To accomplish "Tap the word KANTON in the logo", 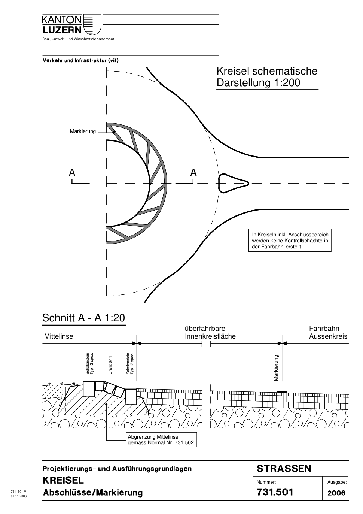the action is [62, 20].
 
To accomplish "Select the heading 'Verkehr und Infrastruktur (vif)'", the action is [80, 61].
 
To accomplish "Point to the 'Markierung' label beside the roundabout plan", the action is [83, 131].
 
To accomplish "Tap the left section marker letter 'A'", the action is [72, 173].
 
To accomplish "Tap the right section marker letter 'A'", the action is [193, 173].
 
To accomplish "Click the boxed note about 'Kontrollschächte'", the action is [290, 241].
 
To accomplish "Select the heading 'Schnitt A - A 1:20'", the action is [84, 318].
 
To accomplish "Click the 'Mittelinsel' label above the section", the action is [60, 336].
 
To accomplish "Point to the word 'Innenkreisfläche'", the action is [210, 336].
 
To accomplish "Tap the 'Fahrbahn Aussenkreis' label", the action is [328, 333].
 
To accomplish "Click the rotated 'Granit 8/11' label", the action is [110, 365].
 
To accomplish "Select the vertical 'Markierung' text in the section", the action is [276, 368].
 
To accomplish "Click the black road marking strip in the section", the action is [282, 391].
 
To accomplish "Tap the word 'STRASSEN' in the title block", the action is [284, 469].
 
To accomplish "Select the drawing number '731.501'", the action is [275, 492].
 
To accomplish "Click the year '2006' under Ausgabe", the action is [336, 493].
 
